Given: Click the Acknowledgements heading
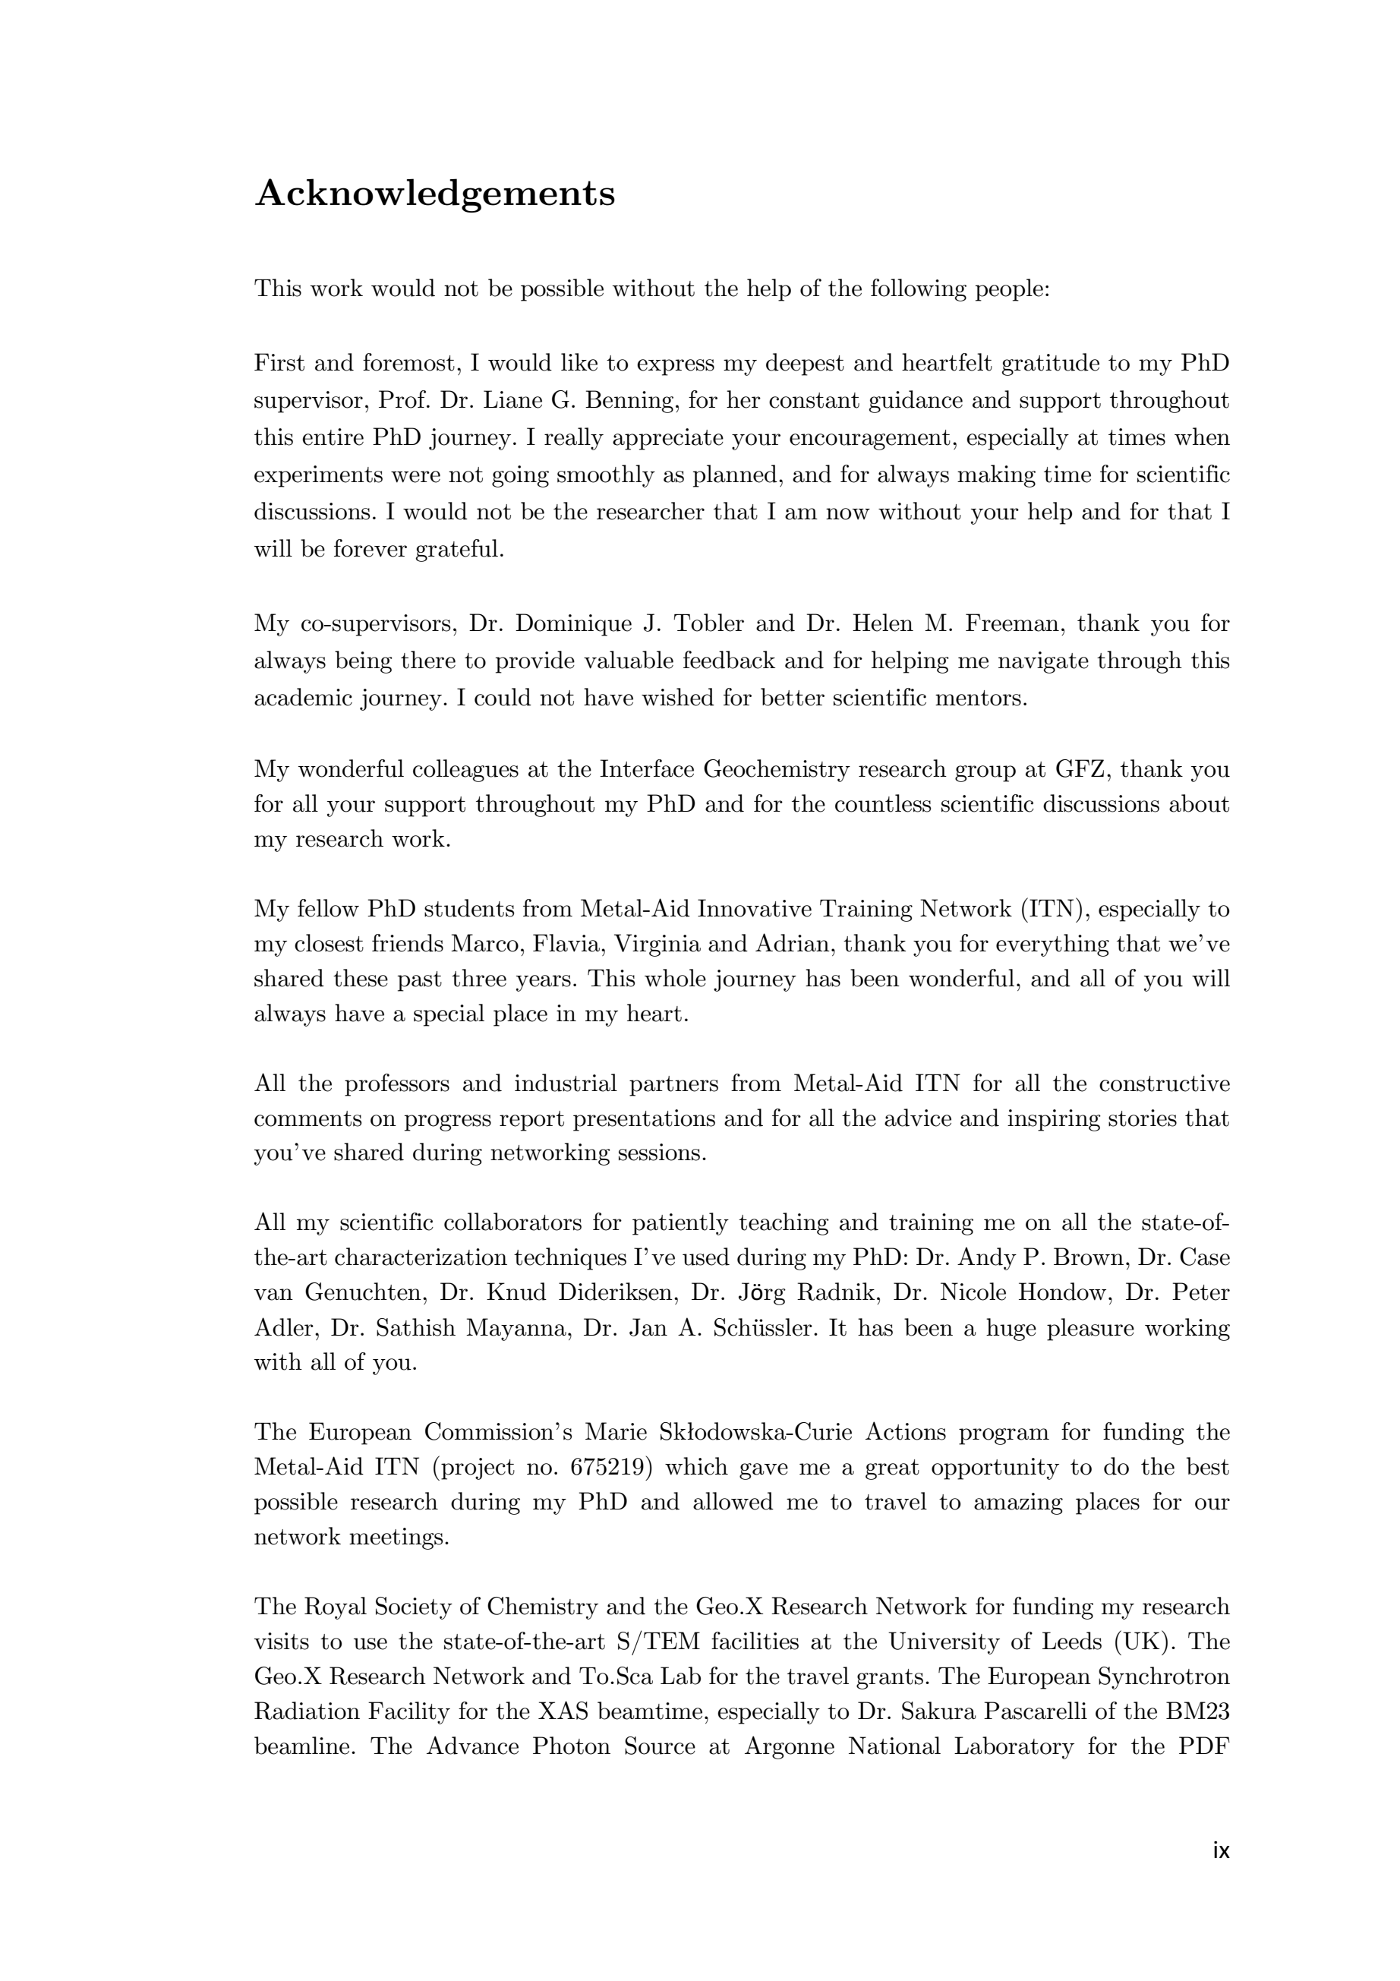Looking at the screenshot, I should click(435, 194).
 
